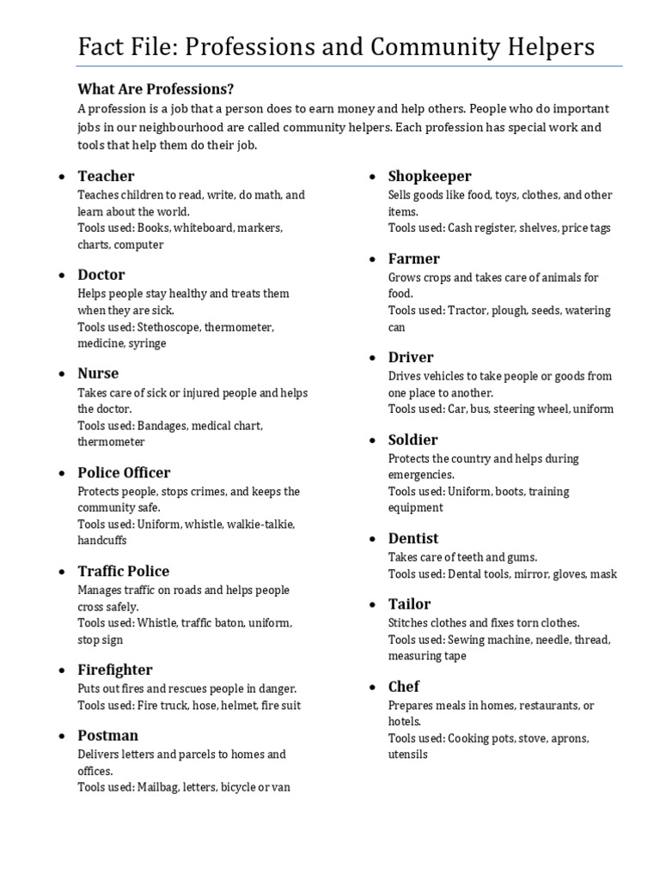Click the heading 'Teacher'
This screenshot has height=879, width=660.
point(106,176)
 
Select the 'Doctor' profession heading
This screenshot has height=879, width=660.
point(101,275)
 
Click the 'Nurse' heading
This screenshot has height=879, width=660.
point(98,373)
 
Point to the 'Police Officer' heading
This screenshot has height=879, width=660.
point(124,472)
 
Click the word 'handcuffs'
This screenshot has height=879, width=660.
point(102,541)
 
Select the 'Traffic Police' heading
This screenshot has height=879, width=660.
point(124,571)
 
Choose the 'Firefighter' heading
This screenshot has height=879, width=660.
point(115,670)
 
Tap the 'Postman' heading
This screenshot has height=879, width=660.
point(107,736)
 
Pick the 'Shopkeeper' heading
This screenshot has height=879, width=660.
point(430,176)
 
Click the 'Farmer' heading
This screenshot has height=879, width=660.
point(413,258)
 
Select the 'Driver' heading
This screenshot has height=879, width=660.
point(411,357)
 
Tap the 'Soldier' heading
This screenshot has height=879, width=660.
point(413,439)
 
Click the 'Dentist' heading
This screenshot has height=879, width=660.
point(413,538)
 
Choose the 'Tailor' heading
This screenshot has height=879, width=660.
point(409,603)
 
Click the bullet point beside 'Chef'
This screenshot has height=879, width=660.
point(372,688)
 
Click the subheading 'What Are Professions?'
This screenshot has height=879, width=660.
point(156,89)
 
